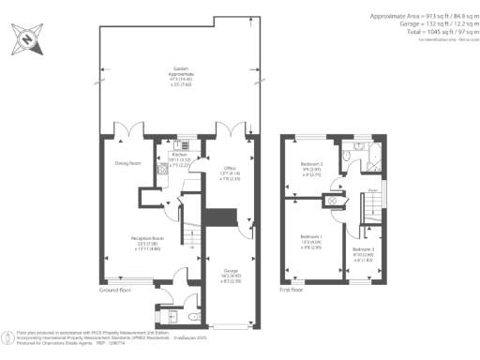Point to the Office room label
(217, 170)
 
